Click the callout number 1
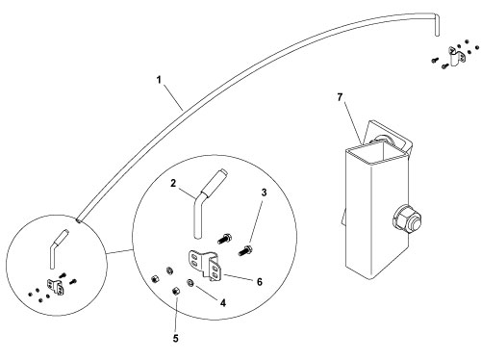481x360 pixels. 159,79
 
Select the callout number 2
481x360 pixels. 173,184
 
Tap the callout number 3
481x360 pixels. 264,193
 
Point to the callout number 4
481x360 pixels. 223,302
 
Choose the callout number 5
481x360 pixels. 175,338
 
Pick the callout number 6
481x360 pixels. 260,282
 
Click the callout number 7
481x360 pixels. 340,97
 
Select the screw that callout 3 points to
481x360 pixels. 245,250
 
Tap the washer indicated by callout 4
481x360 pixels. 190,282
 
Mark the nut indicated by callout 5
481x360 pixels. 176,292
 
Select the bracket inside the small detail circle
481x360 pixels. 55,286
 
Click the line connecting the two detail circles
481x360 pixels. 119,252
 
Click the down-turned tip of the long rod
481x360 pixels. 437,26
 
